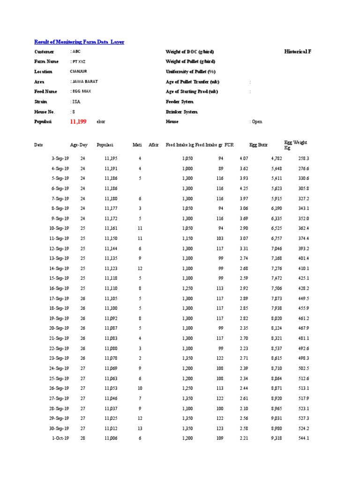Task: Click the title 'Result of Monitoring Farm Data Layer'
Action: point(79,42)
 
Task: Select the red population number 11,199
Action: point(78,121)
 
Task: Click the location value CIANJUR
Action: point(78,72)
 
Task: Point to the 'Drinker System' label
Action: point(181,112)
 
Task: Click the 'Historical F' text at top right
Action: point(298,52)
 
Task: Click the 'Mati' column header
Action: point(137,145)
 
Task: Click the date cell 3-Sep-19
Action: point(60,158)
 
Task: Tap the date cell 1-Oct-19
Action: point(60,438)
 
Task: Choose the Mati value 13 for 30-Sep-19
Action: point(139,428)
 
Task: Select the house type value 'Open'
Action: point(256,122)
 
